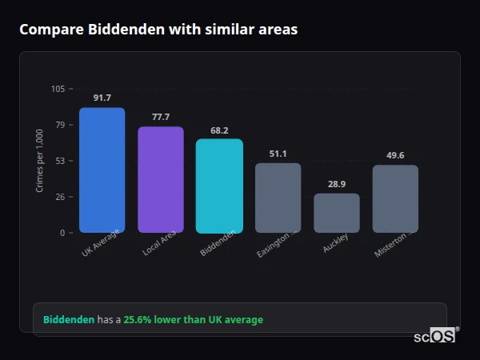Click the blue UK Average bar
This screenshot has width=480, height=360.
[x=102, y=170]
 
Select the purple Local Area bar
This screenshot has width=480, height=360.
[x=161, y=180]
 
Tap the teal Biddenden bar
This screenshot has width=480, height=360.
[x=219, y=186]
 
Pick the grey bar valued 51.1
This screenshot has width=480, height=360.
[x=278, y=198]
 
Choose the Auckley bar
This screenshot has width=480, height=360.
[x=337, y=213]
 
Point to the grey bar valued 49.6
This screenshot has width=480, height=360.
[x=395, y=198]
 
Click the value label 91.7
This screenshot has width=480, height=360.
[x=102, y=98]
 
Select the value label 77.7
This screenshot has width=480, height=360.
[x=161, y=117]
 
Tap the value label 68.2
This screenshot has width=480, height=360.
[x=219, y=130]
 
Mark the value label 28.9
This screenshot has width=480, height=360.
[x=337, y=184]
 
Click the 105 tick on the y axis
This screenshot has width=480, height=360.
[x=58, y=89]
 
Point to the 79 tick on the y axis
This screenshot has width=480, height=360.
[x=60, y=125]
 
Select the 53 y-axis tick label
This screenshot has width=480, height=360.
[x=60, y=161]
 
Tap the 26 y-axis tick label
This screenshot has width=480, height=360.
[x=60, y=197]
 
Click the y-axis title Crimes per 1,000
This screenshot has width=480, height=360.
[x=40, y=161]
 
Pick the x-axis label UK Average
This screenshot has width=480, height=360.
[x=101, y=243]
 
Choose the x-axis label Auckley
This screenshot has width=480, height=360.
[x=335, y=244]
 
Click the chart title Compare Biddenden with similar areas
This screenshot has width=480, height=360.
[x=158, y=30]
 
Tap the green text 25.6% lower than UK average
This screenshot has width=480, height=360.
[x=193, y=320]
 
